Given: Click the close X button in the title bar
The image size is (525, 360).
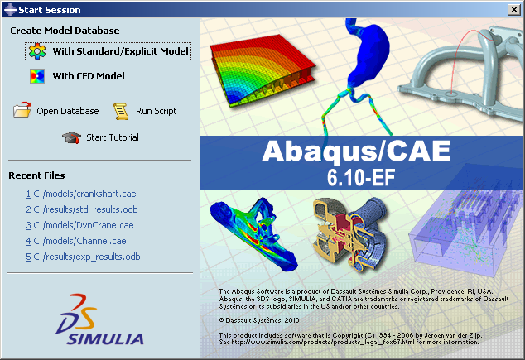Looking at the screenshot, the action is [x=513, y=10].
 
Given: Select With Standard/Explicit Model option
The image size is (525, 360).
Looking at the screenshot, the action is [x=121, y=51].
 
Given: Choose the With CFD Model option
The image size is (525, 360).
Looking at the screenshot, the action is [x=89, y=76].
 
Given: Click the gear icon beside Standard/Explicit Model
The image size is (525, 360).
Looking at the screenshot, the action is [x=37, y=51].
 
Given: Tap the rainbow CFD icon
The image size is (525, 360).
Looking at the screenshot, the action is [x=37, y=76].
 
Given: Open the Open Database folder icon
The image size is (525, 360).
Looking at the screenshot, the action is [x=22, y=110].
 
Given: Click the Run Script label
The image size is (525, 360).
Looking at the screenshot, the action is [x=156, y=111].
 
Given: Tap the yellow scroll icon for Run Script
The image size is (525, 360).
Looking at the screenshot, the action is [x=121, y=111].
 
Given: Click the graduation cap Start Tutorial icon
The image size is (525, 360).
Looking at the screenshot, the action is [x=71, y=137].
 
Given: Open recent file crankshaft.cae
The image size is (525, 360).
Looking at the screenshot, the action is [x=81, y=194].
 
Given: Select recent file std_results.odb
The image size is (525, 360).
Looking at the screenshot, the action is [x=82, y=209].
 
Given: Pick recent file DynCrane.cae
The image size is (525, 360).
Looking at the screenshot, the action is [x=79, y=225].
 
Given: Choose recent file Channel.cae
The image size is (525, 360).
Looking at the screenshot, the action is [x=76, y=241].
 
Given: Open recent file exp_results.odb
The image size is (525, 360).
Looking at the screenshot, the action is [x=83, y=257].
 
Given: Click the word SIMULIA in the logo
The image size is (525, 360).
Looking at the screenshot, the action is [x=105, y=339].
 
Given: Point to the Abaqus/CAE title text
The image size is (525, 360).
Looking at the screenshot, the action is [x=356, y=151].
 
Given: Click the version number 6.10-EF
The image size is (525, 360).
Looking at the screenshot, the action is [x=361, y=177].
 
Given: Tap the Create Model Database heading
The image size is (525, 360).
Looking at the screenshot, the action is [x=65, y=31].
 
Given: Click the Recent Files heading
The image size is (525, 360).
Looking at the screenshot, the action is [x=36, y=175].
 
